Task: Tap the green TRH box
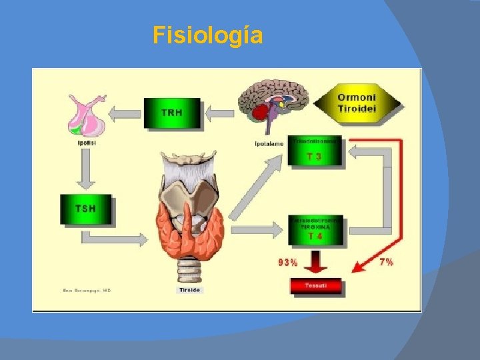(x=171, y=113)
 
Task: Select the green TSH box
(x=86, y=209)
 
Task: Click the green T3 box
(x=315, y=151)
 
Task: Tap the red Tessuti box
(x=315, y=286)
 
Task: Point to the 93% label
(x=288, y=262)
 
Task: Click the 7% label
(x=386, y=262)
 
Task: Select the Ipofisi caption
(x=85, y=141)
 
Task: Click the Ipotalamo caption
(x=269, y=143)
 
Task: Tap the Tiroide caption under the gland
(x=189, y=290)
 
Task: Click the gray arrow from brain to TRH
(x=219, y=113)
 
